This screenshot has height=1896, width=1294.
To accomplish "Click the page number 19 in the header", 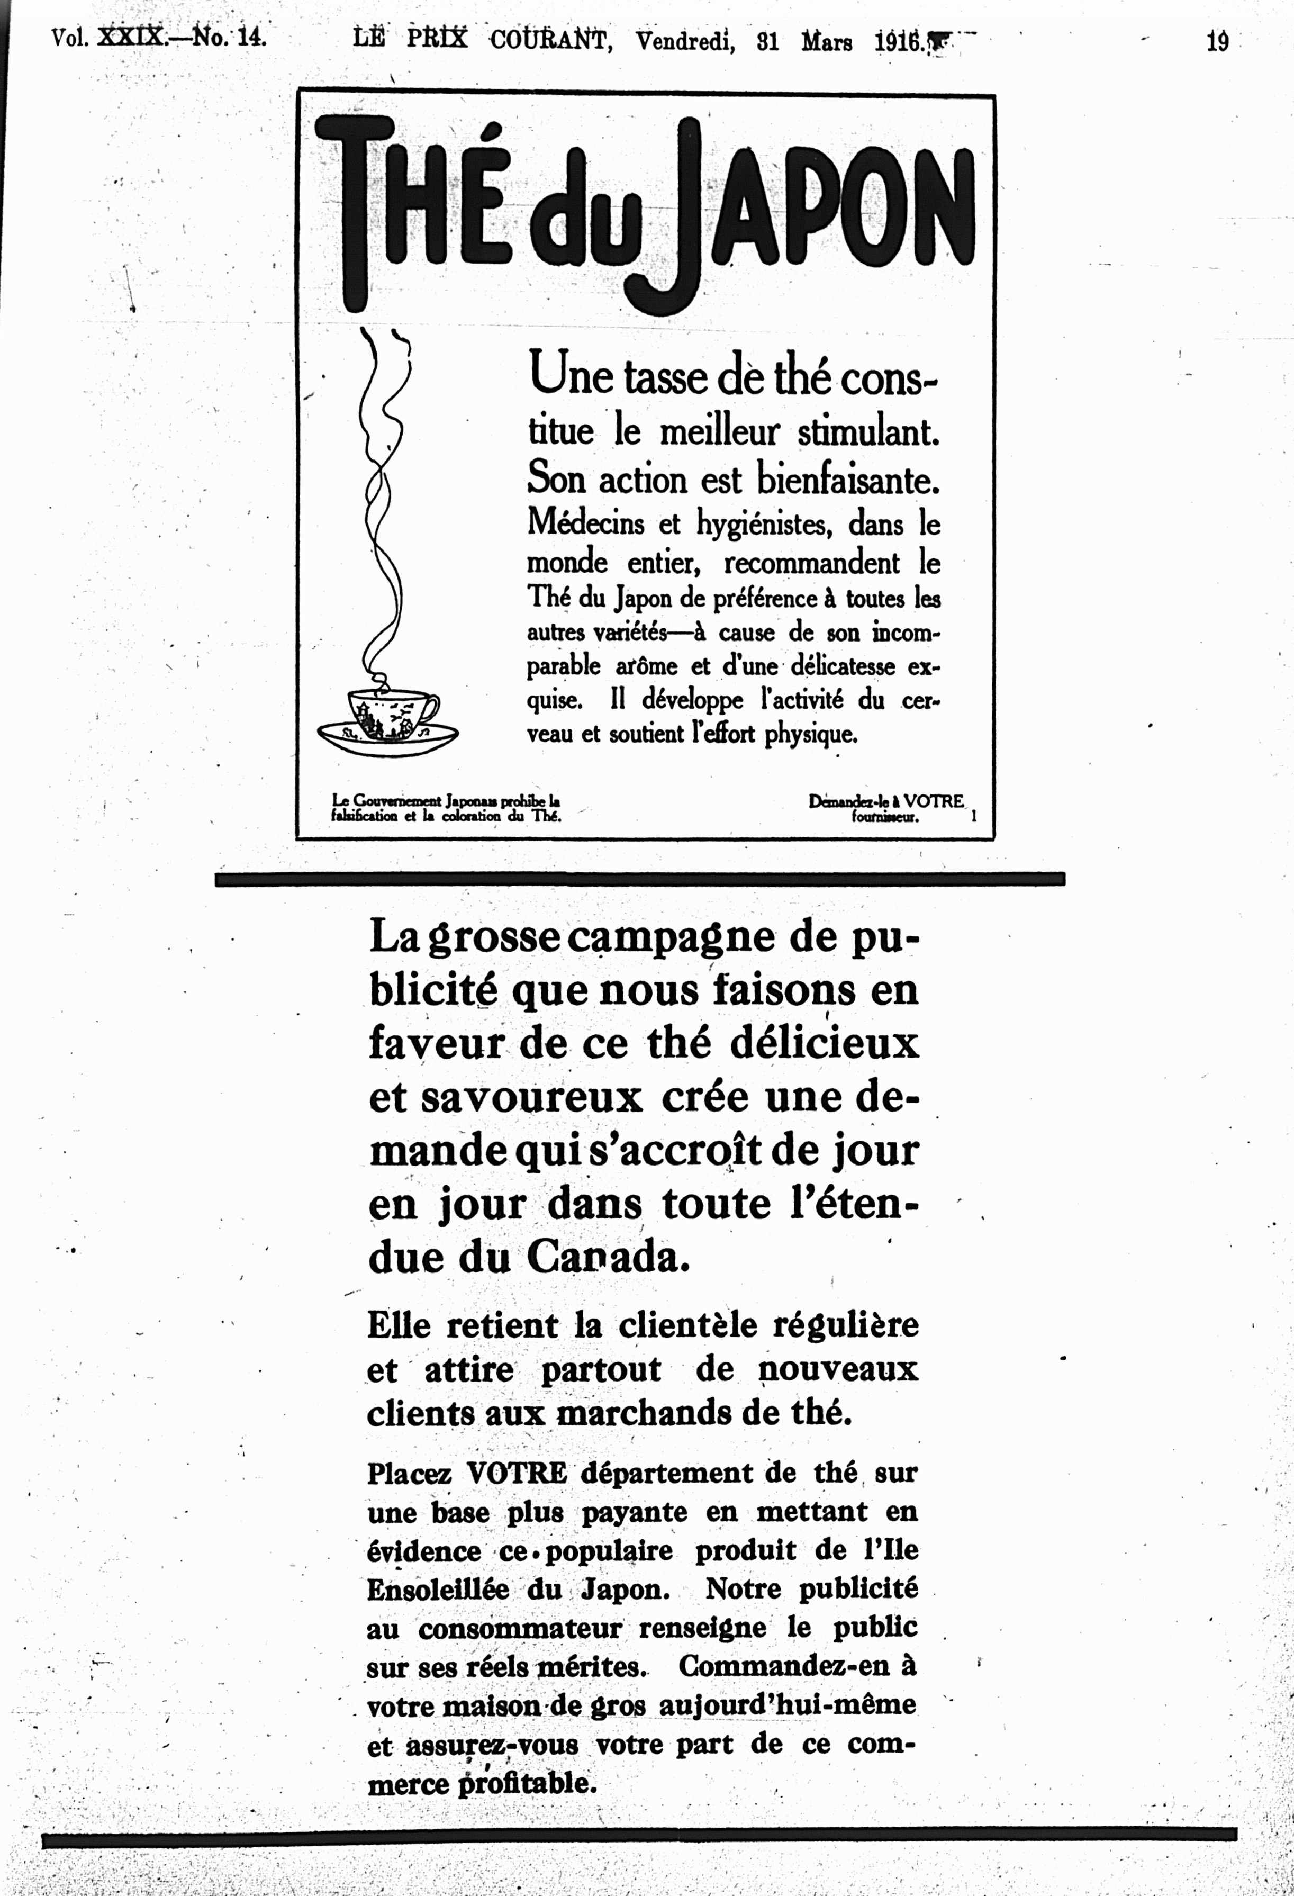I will pos(1217,41).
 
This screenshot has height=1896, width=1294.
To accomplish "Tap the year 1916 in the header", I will pos(898,41).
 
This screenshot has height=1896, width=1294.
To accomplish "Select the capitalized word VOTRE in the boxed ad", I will pos(934,801).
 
